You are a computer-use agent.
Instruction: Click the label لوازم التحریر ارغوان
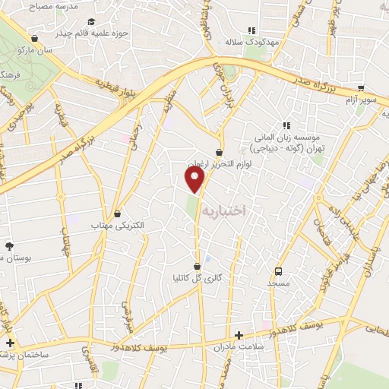pyautogui.click(x=218, y=163)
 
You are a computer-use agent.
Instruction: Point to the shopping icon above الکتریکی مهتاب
pyautogui.click(x=116, y=215)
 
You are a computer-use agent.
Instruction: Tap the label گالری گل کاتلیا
pyautogui.click(x=199, y=278)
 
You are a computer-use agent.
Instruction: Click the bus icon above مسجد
pyautogui.click(x=278, y=271)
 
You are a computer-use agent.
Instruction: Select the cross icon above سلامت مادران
pyautogui.click(x=239, y=335)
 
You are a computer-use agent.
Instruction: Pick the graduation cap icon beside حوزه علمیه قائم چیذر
pyautogui.click(x=91, y=22)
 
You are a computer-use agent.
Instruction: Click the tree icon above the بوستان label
pyautogui.click(x=9, y=246)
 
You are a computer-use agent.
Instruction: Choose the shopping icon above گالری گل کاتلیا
pyautogui.click(x=198, y=267)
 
